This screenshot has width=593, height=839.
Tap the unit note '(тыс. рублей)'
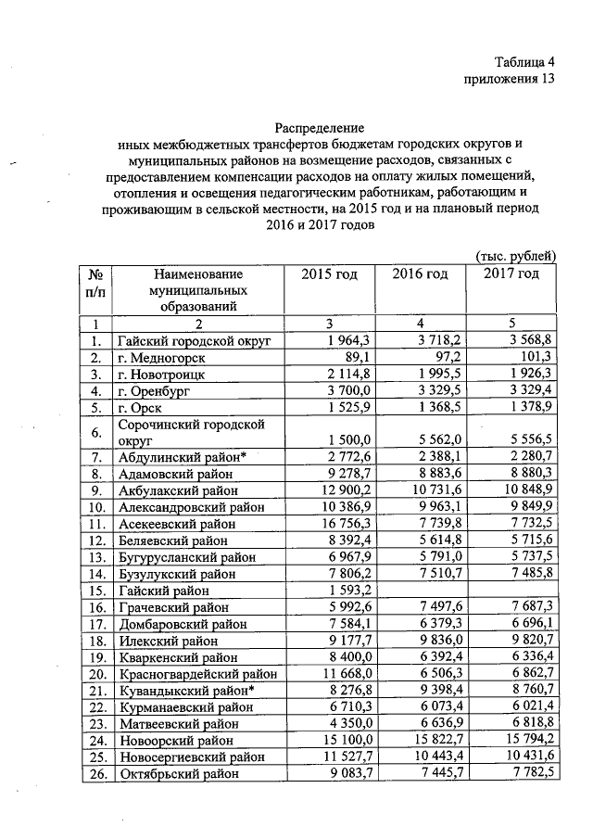(x=515, y=255)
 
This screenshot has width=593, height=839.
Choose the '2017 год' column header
(x=510, y=273)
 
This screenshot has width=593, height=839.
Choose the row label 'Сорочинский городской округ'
(x=176, y=431)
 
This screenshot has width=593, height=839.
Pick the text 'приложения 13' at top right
(x=512, y=79)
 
